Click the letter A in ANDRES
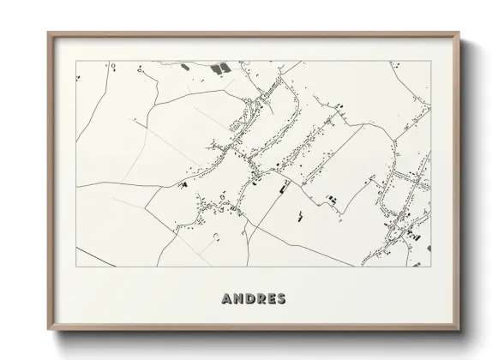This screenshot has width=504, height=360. coord(227,299)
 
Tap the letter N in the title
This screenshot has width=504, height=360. coord(239,299)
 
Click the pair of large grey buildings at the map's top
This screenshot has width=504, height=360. coord(219,67)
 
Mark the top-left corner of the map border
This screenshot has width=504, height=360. coord(75,62)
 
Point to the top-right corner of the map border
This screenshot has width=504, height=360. coord(430,62)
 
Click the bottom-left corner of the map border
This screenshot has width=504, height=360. coord(75,267)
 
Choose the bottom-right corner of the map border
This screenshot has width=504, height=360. coord(430,267)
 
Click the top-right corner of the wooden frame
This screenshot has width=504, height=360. coord(460,33)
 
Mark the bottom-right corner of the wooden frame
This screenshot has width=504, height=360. coord(460,331)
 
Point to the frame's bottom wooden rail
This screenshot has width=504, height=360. coord(253,328)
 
